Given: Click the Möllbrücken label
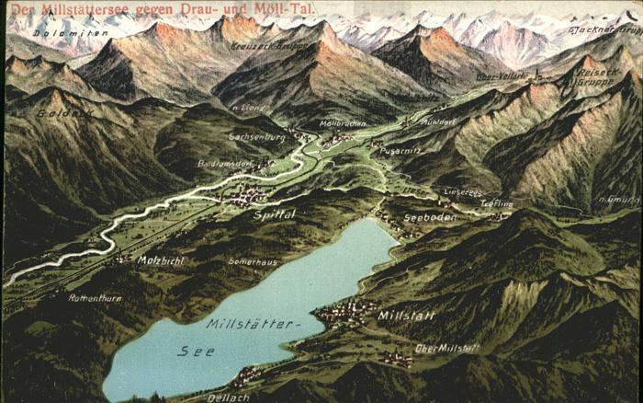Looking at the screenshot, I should (x=342, y=123).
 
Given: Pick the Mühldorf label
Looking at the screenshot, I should (x=437, y=121).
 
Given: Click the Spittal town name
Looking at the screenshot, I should (x=274, y=213).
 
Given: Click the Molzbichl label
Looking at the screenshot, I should (x=162, y=260).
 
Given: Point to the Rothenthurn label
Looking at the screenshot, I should (x=94, y=297).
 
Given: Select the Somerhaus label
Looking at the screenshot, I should (x=253, y=261).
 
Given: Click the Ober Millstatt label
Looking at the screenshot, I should (x=446, y=348).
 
